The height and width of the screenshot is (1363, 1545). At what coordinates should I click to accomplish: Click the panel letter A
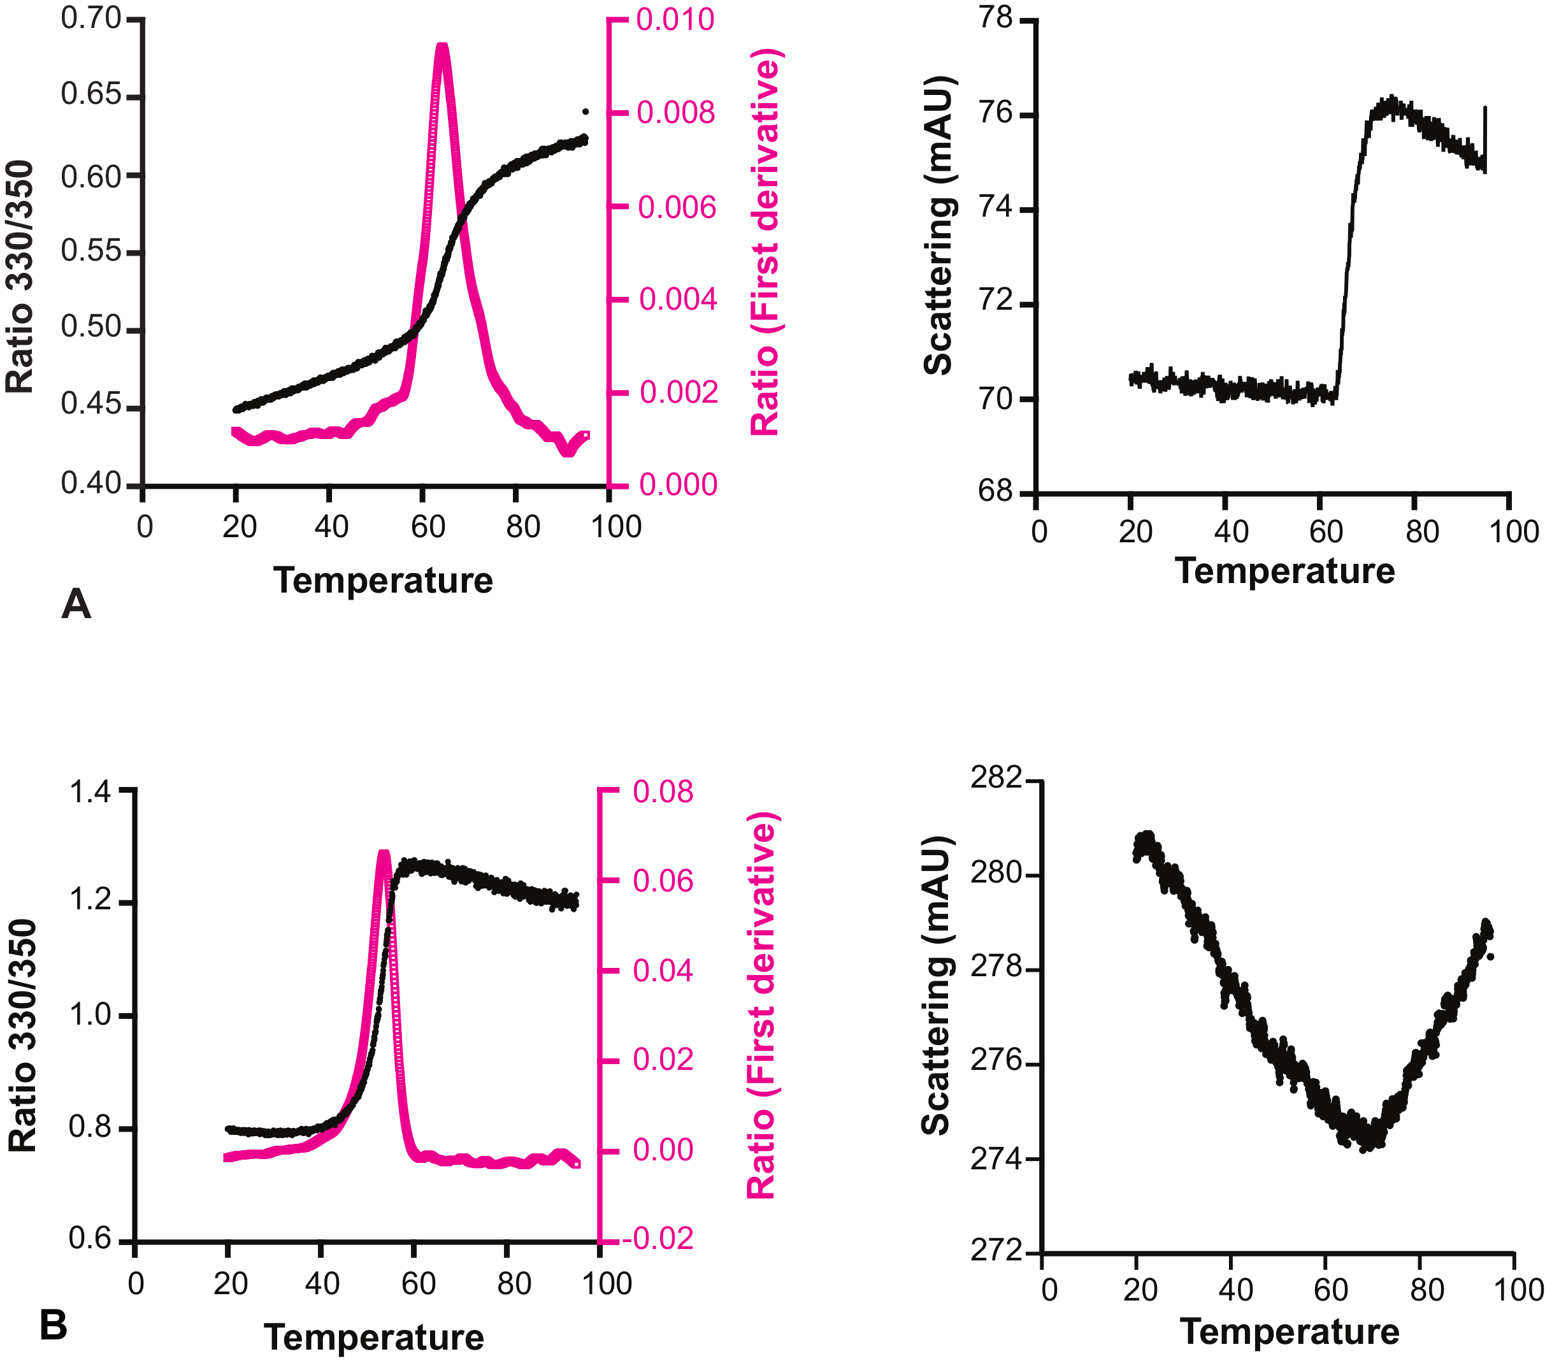[x=76, y=604]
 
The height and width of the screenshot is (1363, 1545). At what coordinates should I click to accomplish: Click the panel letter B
[x=54, y=1325]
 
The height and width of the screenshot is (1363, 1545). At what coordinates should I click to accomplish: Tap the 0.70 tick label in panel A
[x=90, y=19]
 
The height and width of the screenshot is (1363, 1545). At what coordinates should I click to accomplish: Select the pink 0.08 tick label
[x=663, y=792]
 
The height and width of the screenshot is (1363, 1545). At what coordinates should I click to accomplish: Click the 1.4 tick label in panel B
[x=90, y=792]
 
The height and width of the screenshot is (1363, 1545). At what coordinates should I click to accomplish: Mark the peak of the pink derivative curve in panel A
[x=442, y=48]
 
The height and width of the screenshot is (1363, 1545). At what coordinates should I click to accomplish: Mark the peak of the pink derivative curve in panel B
[x=384, y=853]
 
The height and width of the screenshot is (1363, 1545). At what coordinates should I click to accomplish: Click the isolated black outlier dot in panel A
[x=585, y=112]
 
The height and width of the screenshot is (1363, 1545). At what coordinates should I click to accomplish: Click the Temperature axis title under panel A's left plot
[x=384, y=581]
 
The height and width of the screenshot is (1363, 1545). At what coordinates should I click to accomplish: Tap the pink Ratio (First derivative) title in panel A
[x=766, y=242]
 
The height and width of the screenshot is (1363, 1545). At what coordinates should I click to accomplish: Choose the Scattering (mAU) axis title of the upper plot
[x=939, y=226]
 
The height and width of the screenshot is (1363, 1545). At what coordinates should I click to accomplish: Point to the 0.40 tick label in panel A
[x=90, y=483]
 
